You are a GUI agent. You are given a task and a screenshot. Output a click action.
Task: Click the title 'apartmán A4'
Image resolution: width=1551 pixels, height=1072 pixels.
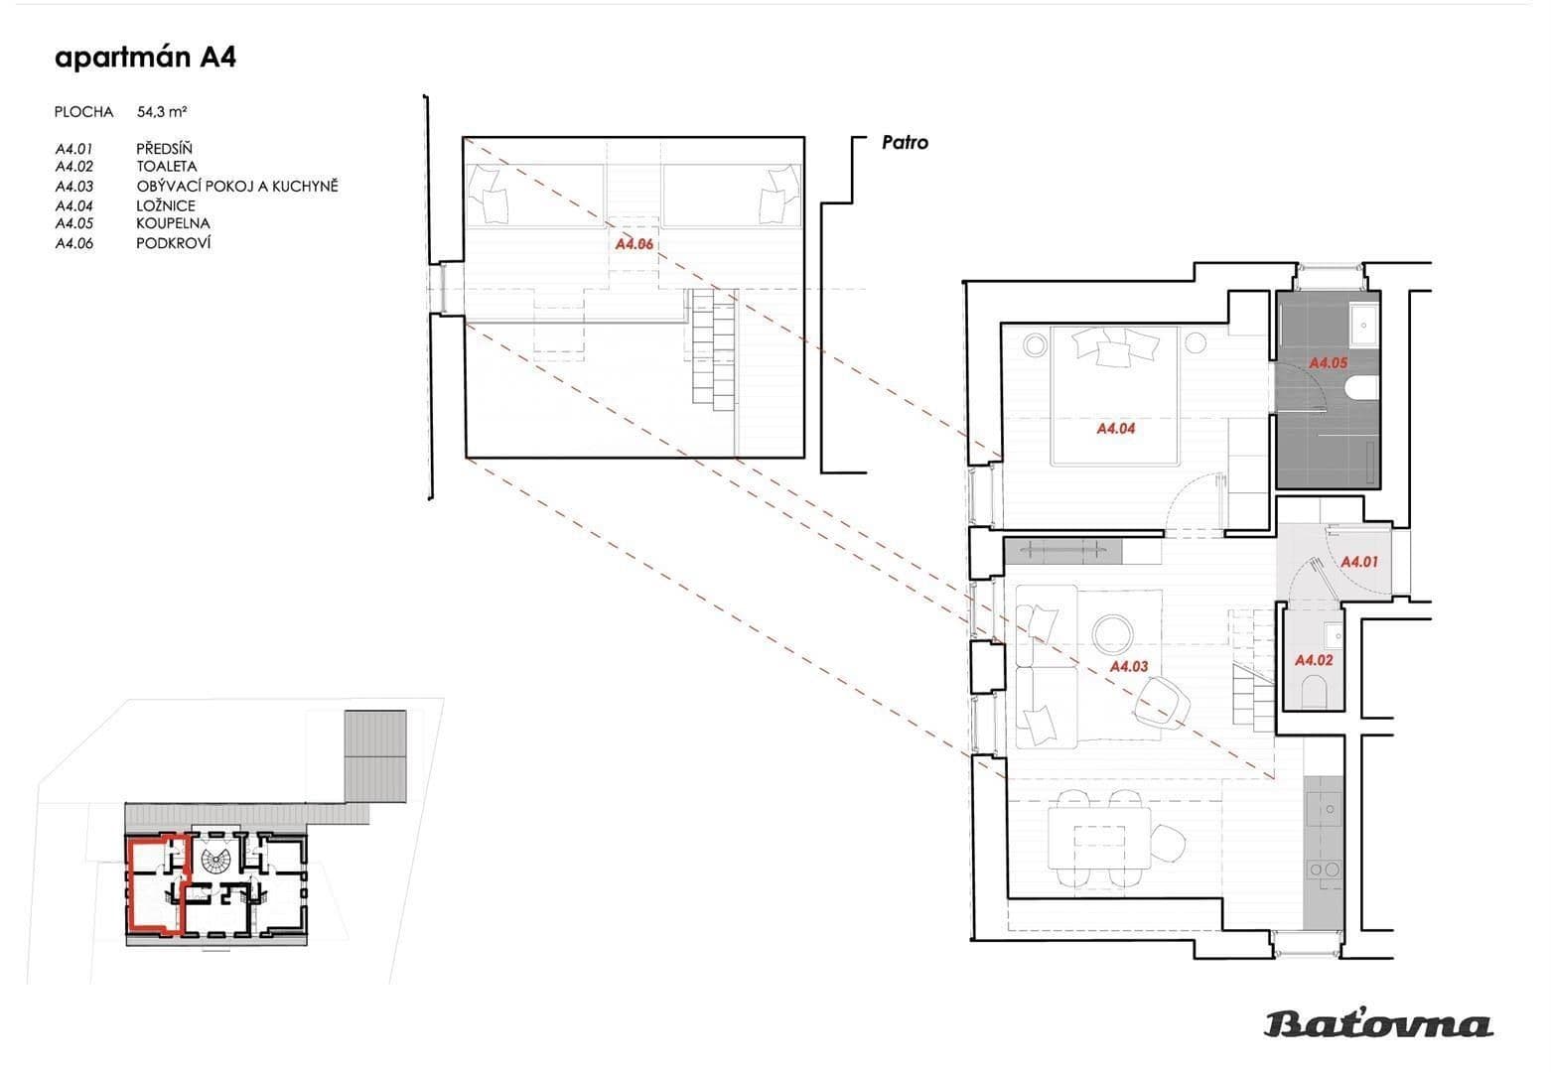(145, 58)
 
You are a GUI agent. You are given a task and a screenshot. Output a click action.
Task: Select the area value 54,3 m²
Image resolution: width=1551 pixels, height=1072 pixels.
(163, 112)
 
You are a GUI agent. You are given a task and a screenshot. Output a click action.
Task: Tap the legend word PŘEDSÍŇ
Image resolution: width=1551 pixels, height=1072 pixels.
(164, 149)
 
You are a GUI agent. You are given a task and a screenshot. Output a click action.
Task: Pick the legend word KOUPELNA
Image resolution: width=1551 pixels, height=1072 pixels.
(173, 223)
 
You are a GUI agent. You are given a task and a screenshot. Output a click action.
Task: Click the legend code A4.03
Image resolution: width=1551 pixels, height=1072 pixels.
(74, 186)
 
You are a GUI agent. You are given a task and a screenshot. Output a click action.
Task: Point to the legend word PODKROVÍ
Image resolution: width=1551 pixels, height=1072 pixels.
(173, 243)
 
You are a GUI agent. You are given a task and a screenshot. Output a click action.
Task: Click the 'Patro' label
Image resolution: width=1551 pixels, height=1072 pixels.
(905, 143)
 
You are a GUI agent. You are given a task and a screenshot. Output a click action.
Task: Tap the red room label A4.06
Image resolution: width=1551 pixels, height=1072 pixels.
(634, 243)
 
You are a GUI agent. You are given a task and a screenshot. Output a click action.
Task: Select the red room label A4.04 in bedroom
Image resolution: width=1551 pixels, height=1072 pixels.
(1115, 429)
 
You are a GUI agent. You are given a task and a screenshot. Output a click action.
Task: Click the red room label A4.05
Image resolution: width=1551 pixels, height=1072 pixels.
(1328, 363)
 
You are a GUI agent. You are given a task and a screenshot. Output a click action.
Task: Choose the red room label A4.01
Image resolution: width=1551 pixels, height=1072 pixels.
(1359, 562)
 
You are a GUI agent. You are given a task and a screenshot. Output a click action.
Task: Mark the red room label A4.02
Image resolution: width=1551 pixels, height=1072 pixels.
(1314, 660)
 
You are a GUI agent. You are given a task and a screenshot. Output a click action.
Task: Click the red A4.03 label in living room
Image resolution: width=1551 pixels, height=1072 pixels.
(1128, 667)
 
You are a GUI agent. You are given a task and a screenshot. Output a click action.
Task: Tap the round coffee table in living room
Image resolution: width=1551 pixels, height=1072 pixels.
(1111, 633)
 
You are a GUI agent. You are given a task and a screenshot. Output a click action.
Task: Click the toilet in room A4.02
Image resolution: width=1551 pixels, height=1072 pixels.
(1314, 689)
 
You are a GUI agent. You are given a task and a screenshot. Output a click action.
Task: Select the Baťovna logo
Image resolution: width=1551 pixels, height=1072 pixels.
(1378, 1023)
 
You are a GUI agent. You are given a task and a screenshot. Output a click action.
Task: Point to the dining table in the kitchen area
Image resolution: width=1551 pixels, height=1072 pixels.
(1099, 839)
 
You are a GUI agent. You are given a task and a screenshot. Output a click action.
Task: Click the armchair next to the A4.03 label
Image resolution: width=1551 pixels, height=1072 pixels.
(1162, 701)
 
